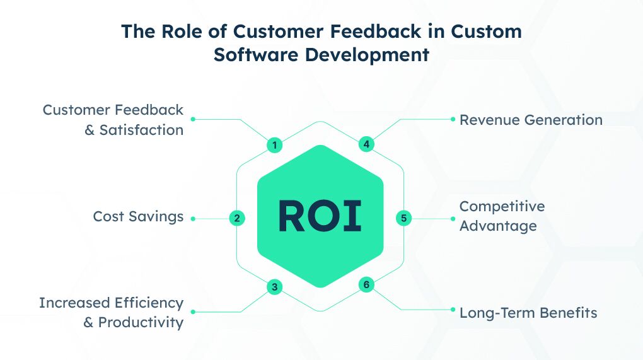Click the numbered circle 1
coord(274,145)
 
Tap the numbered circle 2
coord(236,218)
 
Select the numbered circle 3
coord(274,287)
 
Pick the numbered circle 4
coord(366,144)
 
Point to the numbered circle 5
coord(404,218)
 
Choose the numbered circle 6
coord(366,284)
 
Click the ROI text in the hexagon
coord(320,216)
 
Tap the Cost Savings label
coord(138,216)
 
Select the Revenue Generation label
coord(531,120)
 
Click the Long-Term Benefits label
coord(528,313)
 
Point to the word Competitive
coord(502,206)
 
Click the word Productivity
coord(141,323)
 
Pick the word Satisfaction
coord(141,130)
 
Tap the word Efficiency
coord(149,303)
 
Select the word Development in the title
coord(367,55)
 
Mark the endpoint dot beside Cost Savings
coord(193,219)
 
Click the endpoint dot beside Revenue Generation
coord(453,119)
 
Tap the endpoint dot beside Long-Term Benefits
coord(453,310)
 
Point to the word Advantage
coord(498,226)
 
